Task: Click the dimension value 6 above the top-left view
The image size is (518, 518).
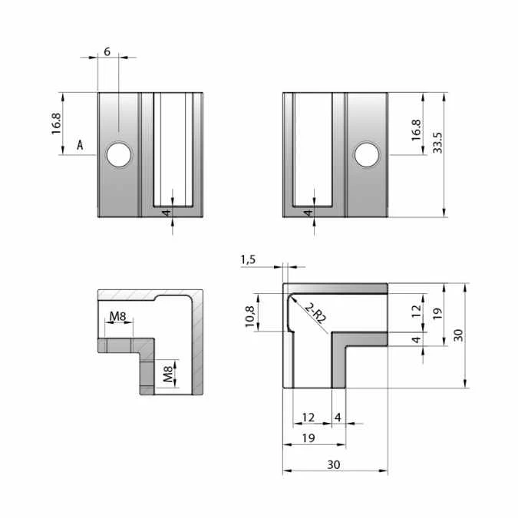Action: [107, 51]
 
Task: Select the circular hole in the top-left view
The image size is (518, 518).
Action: [119, 155]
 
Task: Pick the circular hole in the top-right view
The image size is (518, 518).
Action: [368, 155]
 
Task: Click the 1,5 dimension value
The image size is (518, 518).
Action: [248, 259]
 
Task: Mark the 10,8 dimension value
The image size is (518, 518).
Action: [249, 316]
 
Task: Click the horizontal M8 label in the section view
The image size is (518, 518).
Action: [118, 316]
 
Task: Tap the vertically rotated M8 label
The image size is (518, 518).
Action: [169, 374]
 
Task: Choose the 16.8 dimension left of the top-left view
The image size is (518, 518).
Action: [56, 124]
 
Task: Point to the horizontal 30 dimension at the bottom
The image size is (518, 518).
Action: [334, 464]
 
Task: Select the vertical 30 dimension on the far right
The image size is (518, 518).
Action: [457, 334]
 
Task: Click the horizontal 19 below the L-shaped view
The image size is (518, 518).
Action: [309, 438]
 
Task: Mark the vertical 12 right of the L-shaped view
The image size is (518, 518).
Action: [415, 311]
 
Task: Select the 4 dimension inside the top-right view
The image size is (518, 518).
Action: [307, 213]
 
